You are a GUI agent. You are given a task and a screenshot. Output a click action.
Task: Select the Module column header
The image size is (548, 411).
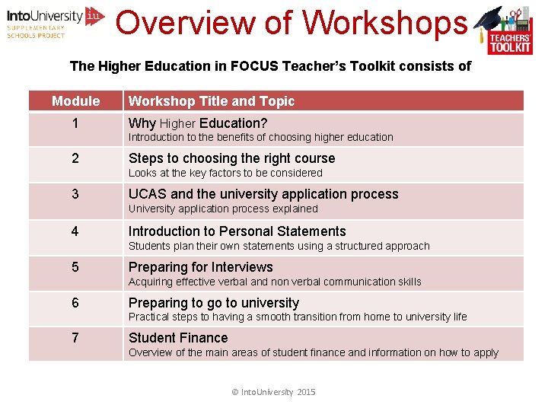[x=75, y=101]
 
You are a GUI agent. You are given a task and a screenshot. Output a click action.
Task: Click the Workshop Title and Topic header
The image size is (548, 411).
[x=211, y=101]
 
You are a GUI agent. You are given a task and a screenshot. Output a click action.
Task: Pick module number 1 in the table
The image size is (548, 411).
[x=75, y=123]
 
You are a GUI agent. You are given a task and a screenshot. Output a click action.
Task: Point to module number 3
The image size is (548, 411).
[x=75, y=194]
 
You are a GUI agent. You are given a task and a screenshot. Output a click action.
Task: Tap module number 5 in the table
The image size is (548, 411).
[x=75, y=267]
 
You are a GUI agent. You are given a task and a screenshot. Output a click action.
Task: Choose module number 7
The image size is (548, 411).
[x=75, y=338]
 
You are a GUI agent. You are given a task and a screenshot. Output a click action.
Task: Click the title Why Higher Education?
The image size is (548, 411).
[x=198, y=123]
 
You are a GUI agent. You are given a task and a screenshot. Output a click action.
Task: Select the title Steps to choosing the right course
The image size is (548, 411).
[x=231, y=158]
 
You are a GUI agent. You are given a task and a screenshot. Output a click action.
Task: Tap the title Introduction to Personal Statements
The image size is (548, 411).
[x=237, y=231]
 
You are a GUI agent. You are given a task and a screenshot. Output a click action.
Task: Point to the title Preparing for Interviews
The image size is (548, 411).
[x=200, y=267]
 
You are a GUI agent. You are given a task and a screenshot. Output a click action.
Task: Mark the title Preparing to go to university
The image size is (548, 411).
[x=213, y=303]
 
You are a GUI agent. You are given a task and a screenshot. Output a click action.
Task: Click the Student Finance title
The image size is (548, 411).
[x=178, y=338]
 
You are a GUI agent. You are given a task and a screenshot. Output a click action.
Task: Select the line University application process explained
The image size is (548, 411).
[x=223, y=209]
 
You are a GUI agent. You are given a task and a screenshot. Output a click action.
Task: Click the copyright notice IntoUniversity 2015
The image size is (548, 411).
[x=273, y=392]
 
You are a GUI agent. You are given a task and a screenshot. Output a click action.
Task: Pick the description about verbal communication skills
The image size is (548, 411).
[x=274, y=282]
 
